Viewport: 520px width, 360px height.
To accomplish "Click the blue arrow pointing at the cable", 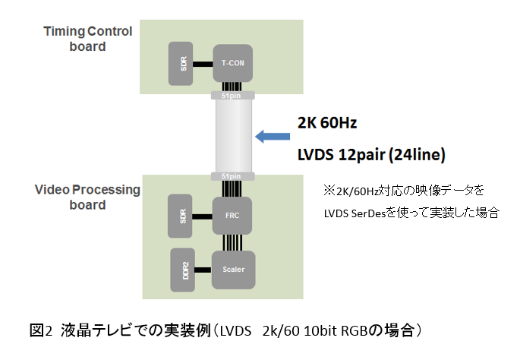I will point(273,137).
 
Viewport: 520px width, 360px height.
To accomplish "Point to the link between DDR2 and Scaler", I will point(203,268).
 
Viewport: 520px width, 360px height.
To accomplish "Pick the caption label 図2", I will point(39,331).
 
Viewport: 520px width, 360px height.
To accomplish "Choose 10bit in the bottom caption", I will point(323,331).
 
